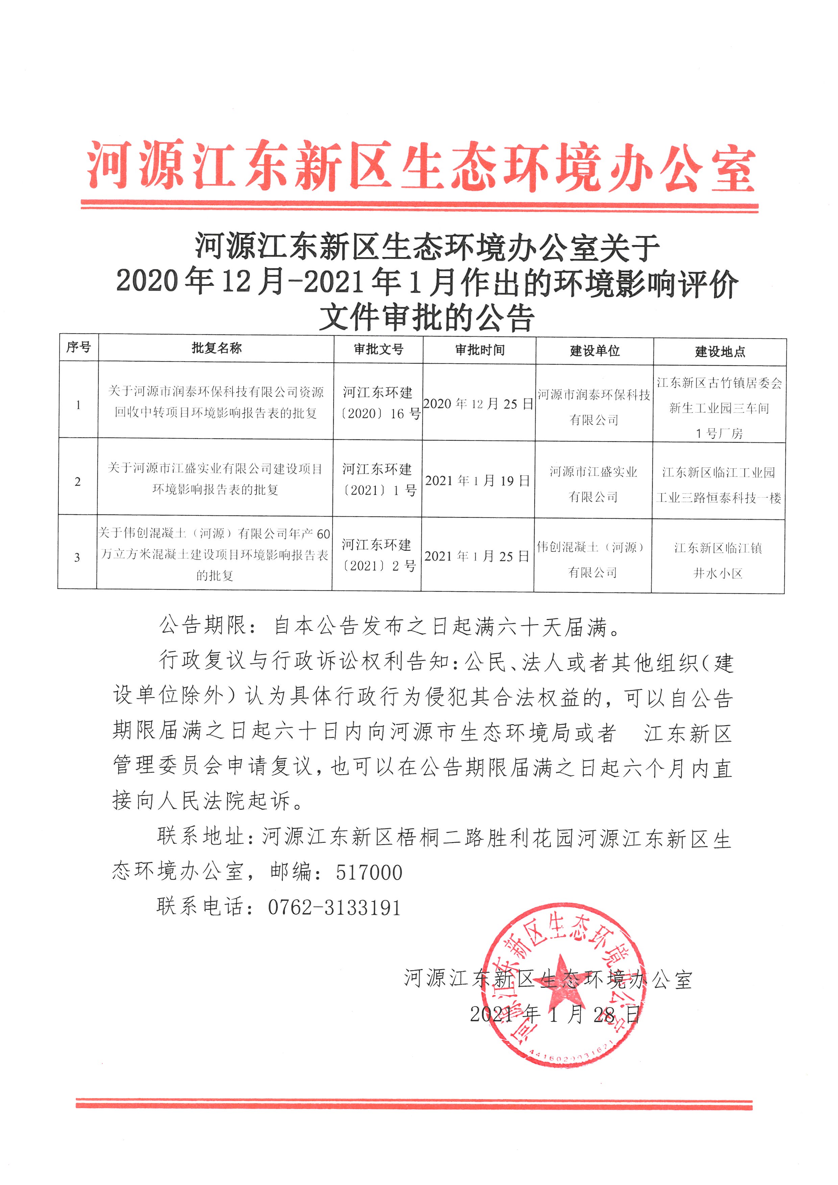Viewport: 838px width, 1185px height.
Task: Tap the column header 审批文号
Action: pos(378,349)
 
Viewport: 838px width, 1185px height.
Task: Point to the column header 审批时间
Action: pos(479,350)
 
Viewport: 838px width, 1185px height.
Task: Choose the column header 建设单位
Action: pos(594,351)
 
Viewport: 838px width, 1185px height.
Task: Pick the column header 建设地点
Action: pos(720,352)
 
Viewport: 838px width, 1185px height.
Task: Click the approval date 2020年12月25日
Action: pos(478,403)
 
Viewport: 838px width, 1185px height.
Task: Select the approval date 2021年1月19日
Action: pos(478,480)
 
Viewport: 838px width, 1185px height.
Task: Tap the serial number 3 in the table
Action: pos(77,558)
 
